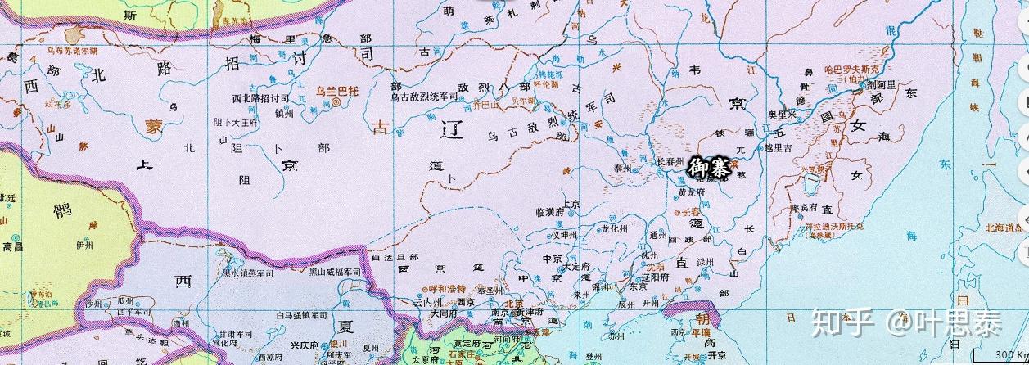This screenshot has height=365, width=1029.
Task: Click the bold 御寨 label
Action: point(709,169)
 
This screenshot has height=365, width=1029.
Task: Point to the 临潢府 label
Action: point(549,211)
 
